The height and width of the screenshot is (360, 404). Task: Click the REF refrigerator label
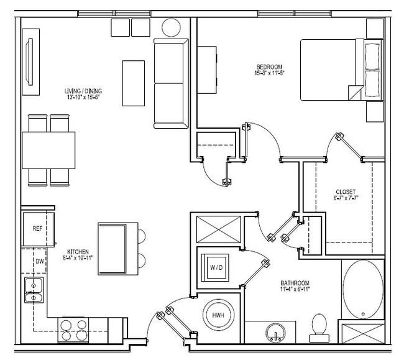pyautogui.click(x=37, y=229)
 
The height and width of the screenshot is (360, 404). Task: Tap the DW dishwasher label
pyautogui.click(x=39, y=261)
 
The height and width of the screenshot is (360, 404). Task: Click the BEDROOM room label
pyautogui.click(x=270, y=67)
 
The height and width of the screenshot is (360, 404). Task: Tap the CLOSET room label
pyautogui.click(x=345, y=192)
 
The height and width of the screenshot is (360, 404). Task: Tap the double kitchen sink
pyautogui.click(x=34, y=290)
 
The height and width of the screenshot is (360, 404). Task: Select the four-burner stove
pyautogui.click(x=73, y=330)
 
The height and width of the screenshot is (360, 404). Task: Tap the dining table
pyautogui.click(x=48, y=150)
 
